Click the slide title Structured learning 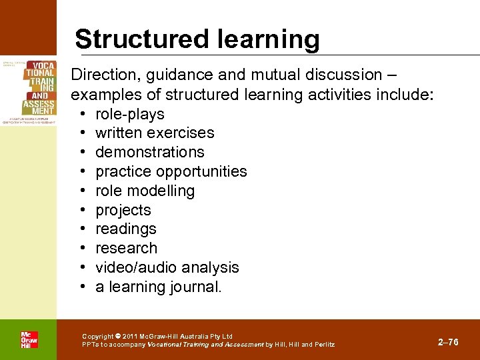197,39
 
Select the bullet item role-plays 129,114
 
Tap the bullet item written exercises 155,133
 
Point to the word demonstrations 150,152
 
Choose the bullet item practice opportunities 171,171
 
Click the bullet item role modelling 145,191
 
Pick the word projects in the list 123,210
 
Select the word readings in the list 126,229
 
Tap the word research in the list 127,248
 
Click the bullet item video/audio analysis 167,267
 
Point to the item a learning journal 159,287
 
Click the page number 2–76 448,342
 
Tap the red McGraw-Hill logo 29,339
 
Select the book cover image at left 29,91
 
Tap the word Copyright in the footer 97,336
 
